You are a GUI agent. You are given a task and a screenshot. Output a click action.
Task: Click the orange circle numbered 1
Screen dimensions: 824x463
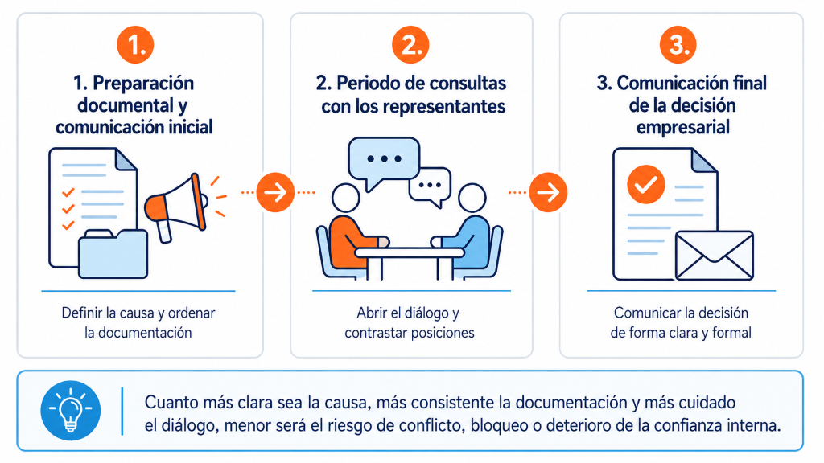[135, 45]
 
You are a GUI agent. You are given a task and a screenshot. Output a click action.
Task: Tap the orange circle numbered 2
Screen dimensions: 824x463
[410, 45]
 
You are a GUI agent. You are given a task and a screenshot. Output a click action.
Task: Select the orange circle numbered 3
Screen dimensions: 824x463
[678, 45]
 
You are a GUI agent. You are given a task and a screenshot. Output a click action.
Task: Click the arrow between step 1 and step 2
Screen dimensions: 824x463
[275, 192]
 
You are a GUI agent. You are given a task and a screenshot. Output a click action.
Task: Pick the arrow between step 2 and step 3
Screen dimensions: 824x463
[548, 192]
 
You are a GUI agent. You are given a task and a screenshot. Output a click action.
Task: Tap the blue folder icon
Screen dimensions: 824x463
[113, 253]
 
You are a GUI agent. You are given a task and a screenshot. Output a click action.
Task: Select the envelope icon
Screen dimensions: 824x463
[715, 256]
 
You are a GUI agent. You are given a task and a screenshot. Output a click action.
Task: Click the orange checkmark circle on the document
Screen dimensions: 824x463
[646, 184]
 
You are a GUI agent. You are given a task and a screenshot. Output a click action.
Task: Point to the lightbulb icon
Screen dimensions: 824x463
[71, 410]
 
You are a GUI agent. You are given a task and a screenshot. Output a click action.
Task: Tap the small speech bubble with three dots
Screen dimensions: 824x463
[431, 187]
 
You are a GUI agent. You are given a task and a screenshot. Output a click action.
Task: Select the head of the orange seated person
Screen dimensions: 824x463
[346, 198]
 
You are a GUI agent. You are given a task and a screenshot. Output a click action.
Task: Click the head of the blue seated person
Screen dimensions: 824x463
[472, 198]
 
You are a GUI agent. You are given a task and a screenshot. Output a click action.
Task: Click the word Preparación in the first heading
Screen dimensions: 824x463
[143, 84]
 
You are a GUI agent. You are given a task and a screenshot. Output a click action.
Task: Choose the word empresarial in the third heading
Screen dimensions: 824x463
[682, 127]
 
